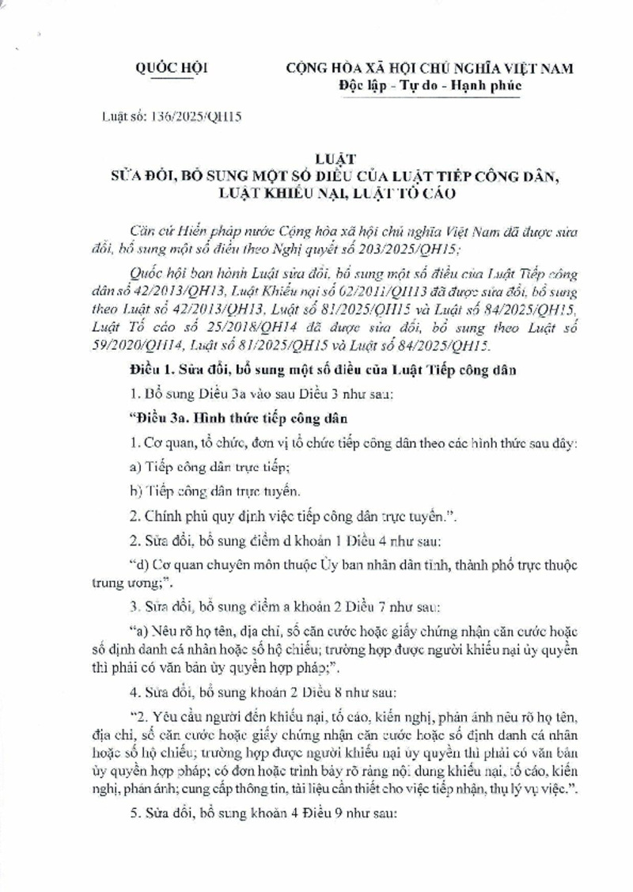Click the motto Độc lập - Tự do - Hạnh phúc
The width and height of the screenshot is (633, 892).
tap(430, 85)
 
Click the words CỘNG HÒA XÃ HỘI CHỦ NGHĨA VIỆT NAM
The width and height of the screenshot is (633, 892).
tap(430, 69)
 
